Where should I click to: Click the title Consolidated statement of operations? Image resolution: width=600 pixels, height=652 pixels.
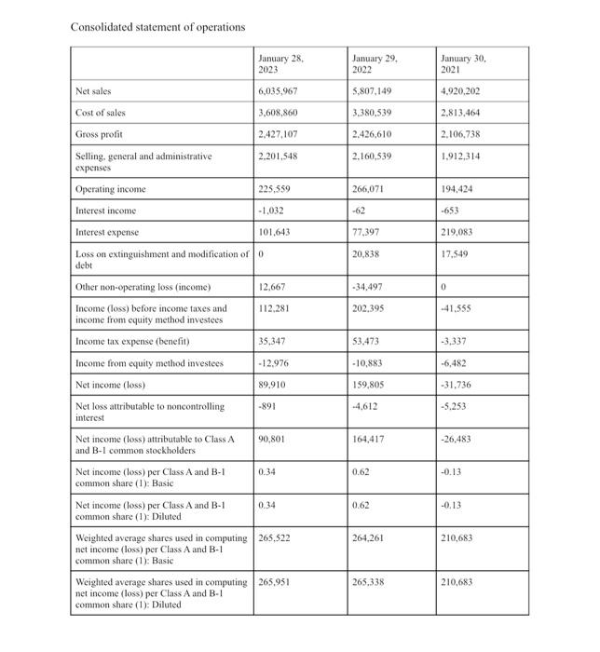[x=158, y=26]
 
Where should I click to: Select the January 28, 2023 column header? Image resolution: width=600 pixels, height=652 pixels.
[x=280, y=64]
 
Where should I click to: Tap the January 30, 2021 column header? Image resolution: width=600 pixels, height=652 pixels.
[x=463, y=64]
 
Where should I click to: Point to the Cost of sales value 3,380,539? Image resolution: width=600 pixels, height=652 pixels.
[x=373, y=114]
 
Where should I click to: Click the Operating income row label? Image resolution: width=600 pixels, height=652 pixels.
[x=111, y=189]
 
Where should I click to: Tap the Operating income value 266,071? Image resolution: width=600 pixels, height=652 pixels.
[x=369, y=189]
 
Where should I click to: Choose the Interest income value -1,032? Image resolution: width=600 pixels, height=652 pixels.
[x=271, y=210]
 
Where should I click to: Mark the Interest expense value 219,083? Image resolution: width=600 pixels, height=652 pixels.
[x=461, y=231]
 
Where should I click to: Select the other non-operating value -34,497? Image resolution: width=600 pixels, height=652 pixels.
[x=370, y=286]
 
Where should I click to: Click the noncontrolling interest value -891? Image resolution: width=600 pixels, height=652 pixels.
[x=266, y=405]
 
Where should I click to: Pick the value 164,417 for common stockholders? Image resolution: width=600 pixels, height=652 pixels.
[x=369, y=439]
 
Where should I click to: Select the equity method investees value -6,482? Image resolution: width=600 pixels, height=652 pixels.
[x=458, y=363]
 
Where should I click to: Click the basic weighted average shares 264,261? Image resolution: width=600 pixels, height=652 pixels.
[x=369, y=537]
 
